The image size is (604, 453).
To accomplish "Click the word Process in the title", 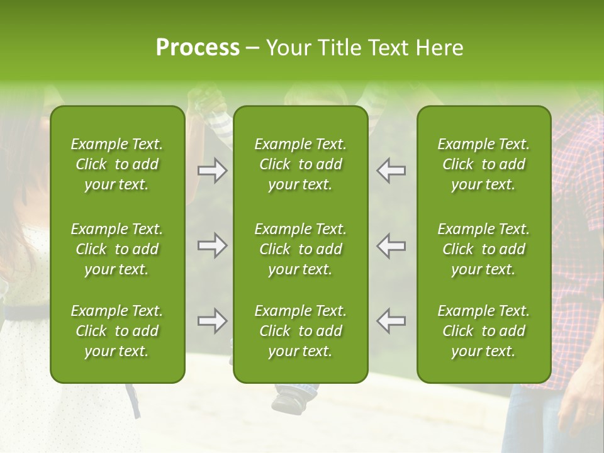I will click(198, 48).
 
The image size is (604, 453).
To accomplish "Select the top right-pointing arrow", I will click(212, 171).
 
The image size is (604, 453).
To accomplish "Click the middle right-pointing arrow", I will click(212, 245).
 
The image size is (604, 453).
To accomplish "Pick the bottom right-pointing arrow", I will click(212, 321).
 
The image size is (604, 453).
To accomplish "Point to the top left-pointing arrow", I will click(391, 171).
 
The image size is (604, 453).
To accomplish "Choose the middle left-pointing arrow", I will click(391, 245).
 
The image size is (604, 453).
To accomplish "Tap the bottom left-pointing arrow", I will click(391, 321).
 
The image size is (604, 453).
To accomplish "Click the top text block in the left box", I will click(117, 164).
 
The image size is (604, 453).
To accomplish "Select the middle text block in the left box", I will click(117, 249).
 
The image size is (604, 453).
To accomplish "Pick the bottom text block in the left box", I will click(117, 331).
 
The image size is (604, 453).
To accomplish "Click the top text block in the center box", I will click(301, 164).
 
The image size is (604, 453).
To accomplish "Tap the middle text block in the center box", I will click(301, 249).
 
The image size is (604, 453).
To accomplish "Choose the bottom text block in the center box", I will click(301, 331).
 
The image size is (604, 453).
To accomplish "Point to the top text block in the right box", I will click(484, 164).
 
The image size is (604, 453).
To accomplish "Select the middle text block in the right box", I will click(484, 249).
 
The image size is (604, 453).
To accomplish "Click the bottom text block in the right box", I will click(484, 331).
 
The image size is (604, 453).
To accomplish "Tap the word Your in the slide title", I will click(287, 48).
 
